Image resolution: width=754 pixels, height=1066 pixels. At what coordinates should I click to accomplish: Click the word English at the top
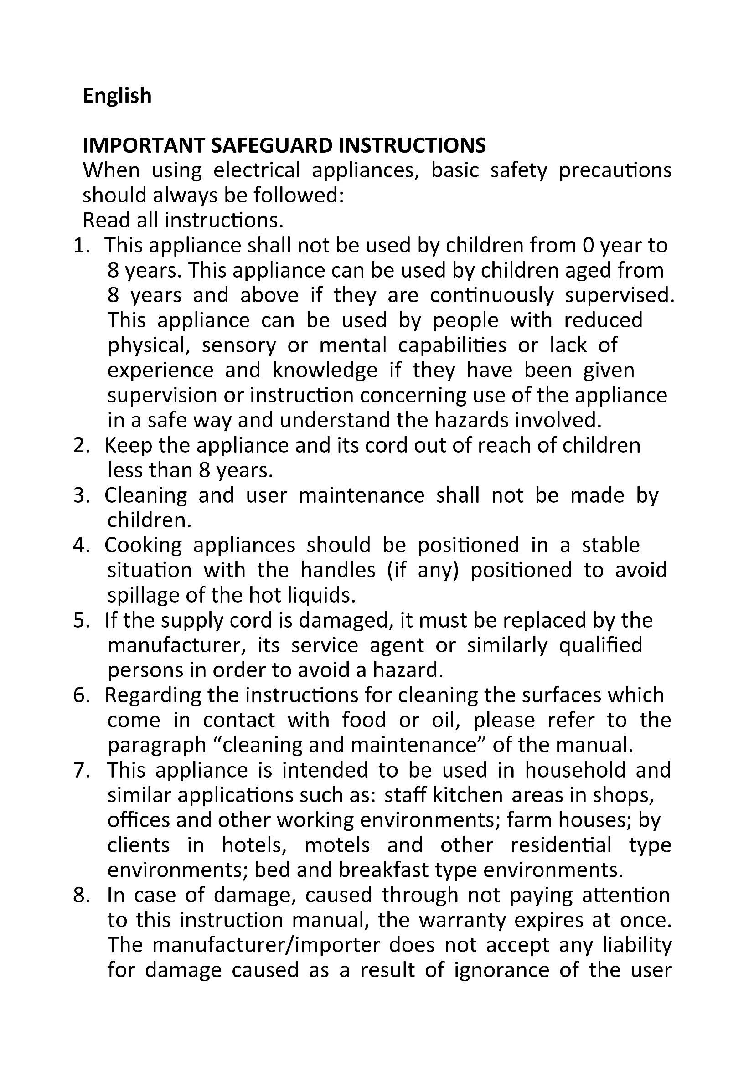click(x=117, y=96)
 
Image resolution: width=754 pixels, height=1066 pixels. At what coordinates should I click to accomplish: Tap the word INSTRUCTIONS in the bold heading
click(x=412, y=146)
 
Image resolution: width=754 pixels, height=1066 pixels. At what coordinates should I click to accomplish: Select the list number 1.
click(x=81, y=246)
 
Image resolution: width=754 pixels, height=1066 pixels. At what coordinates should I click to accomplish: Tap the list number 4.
click(x=81, y=546)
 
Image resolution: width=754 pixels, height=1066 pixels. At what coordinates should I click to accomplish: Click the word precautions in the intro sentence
click(x=615, y=171)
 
